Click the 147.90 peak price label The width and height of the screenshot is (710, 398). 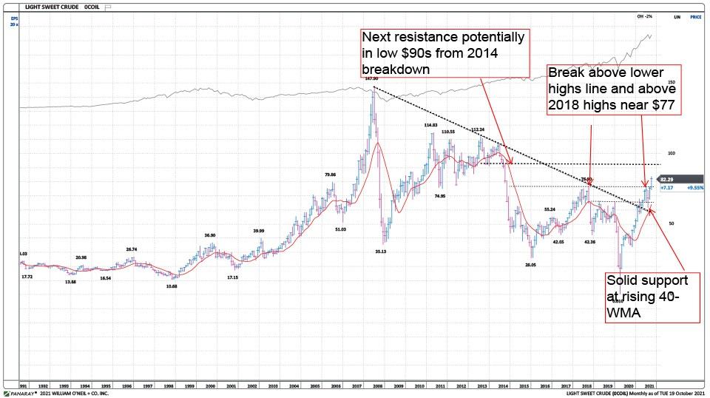point(371,78)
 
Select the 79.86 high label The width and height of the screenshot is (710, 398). point(330,175)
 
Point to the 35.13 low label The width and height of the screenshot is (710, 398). point(381,251)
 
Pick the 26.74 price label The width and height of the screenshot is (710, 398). point(131,249)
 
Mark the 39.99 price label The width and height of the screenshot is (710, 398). point(257,231)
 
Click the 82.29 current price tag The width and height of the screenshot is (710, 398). point(666,179)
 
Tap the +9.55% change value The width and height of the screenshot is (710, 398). point(694,188)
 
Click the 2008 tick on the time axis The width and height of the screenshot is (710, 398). point(376,385)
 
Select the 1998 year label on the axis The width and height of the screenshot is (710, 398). point(169,385)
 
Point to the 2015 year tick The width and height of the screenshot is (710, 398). point(523,385)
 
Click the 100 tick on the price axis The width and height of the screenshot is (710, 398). point(672,153)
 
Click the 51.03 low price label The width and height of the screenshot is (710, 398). point(340,229)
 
